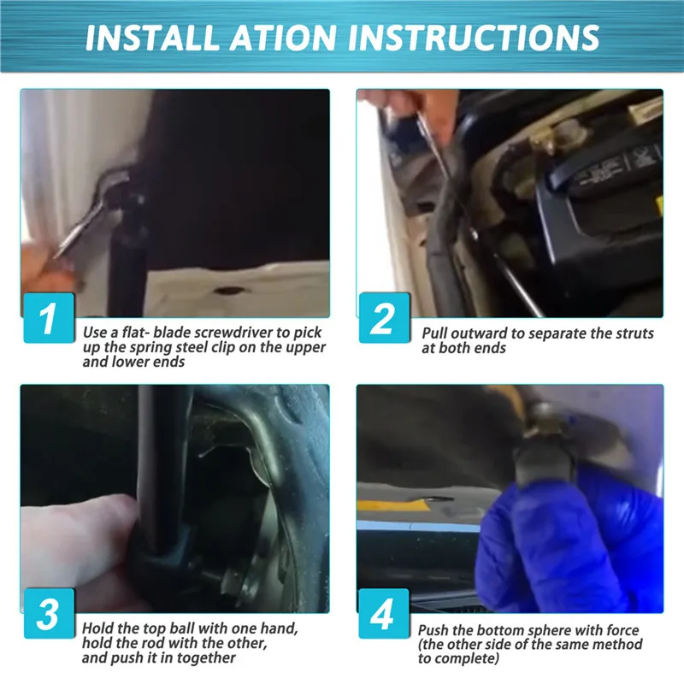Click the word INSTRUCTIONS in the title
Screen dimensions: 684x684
pyautogui.click(x=474, y=38)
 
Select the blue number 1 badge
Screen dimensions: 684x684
pyautogui.click(x=49, y=317)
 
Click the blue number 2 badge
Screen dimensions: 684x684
pyautogui.click(x=384, y=317)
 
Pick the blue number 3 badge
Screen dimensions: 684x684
pyautogui.click(x=49, y=613)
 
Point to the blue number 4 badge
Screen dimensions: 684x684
pyautogui.click(x=384, y=613)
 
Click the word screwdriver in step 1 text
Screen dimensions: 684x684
pyautogui.click(x=233, y=333)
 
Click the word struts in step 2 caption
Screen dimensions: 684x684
pyautogui.click(x=634, y=333)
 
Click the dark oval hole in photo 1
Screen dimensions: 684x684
pyautogui.click(x=228, y=290)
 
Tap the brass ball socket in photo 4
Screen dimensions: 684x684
pyautogui.click(x=545, y=422)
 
